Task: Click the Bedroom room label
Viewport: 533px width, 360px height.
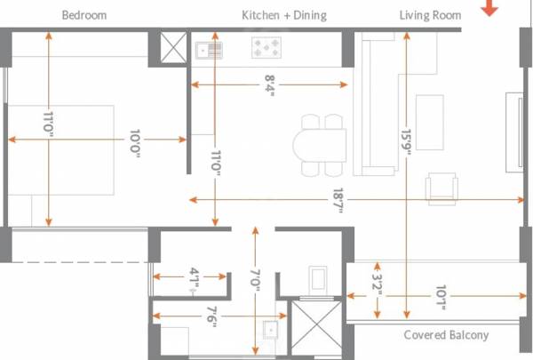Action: click(84, 15)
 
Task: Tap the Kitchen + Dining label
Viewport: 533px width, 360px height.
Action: click(284, 15)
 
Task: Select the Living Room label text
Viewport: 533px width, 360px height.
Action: click(431, 15)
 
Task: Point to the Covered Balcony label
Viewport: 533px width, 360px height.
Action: click(446, 335)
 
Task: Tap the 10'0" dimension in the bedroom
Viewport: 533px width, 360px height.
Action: click(133, 139)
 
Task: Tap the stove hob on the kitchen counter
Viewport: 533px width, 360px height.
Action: click(266, 46)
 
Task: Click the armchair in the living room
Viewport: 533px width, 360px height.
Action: click(442, 188)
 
